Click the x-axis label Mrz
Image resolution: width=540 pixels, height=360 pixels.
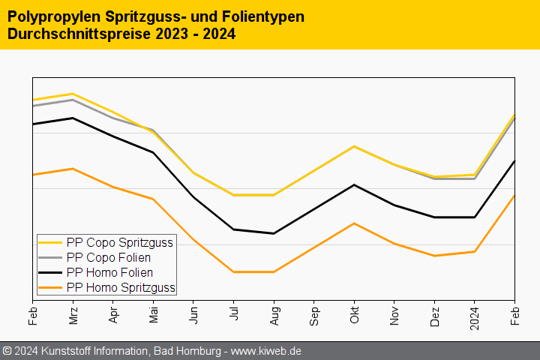(73, 316)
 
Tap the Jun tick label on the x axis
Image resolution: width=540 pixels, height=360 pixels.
(193, 315)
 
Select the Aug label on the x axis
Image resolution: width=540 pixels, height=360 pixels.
(274, 316)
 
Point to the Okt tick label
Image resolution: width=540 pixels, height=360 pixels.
(354, 315)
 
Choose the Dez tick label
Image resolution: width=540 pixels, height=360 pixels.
(434, 316)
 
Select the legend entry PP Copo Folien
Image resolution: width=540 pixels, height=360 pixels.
(108, 257)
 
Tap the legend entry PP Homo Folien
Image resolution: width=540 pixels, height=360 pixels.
(109, 272)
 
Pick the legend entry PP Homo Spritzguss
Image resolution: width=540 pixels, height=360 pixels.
(121, 287)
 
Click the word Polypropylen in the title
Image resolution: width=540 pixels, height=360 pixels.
(50, 16)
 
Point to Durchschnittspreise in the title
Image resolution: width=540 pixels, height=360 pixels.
(73, 34)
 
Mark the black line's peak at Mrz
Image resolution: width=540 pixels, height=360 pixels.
(73, 118)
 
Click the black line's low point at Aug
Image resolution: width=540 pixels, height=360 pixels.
(274, 233)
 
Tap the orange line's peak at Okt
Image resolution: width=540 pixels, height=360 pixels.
(354, 223)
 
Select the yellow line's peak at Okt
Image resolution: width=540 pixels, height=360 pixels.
(354, 146)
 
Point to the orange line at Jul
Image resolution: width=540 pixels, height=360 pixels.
(233, 271)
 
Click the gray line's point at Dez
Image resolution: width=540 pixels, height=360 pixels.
(434, 178)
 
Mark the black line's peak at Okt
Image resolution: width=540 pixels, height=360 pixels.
(354, 184)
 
